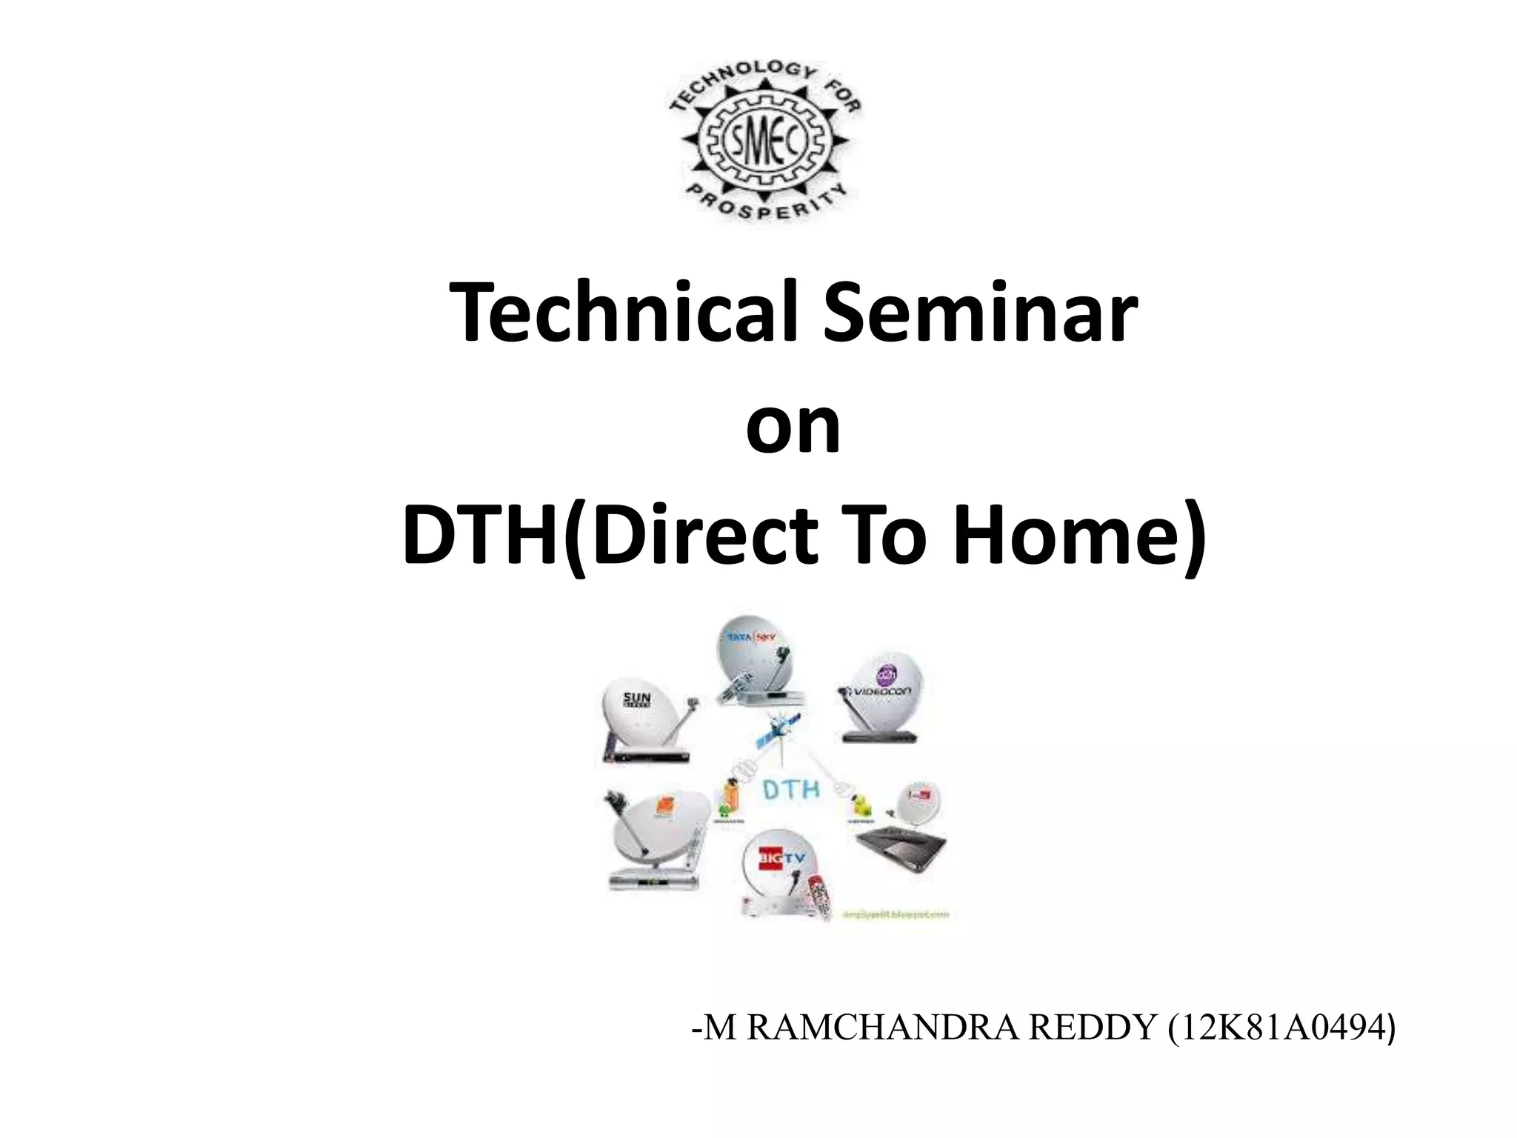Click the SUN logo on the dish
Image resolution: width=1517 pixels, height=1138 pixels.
click(x=637, y=698)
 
